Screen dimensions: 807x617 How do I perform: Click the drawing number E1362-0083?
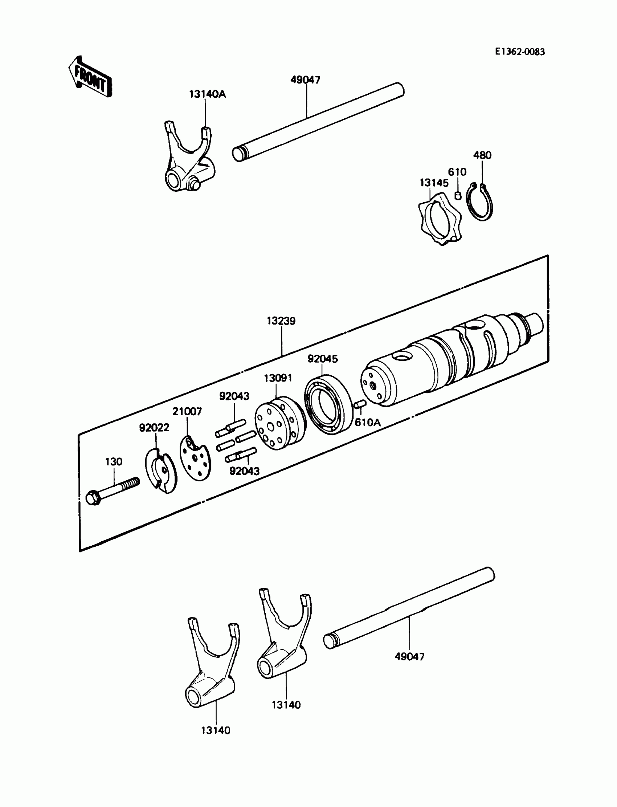point(520,52)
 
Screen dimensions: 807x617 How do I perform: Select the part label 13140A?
point(208,94)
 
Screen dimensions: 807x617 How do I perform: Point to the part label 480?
point(482,155)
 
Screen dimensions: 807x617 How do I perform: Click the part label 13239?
point(281,321)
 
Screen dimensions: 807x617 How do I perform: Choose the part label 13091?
point(278,378)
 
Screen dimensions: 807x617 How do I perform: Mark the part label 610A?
point(367,423)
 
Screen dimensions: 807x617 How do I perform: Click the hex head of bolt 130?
point(93,498)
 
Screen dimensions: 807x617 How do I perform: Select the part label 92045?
point(322,359)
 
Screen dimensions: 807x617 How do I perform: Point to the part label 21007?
point(187,411)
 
